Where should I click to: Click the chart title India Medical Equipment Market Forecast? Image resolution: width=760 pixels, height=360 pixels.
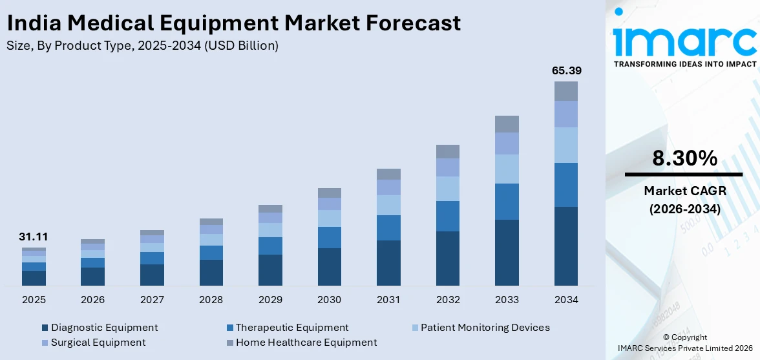233,23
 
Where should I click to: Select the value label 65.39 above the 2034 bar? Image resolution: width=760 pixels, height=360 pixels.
566,70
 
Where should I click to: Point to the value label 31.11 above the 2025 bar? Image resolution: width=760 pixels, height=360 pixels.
34,237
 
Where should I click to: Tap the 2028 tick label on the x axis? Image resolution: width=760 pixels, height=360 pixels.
211,300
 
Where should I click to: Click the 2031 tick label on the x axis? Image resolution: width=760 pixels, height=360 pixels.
388,300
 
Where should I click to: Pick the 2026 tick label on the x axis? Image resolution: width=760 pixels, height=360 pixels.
92,300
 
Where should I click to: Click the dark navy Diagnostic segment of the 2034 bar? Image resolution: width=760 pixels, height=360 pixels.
566,246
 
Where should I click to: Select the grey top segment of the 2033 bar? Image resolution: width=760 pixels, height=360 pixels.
507,124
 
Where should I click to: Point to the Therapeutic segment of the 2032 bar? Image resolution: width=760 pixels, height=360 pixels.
448,216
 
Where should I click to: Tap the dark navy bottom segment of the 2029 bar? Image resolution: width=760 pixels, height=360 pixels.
270,270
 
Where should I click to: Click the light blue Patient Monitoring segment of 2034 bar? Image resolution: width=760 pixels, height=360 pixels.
566,145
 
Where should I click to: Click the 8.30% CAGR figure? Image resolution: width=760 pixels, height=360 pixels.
684,158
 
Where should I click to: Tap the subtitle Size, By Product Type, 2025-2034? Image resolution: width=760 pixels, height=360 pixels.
143,45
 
